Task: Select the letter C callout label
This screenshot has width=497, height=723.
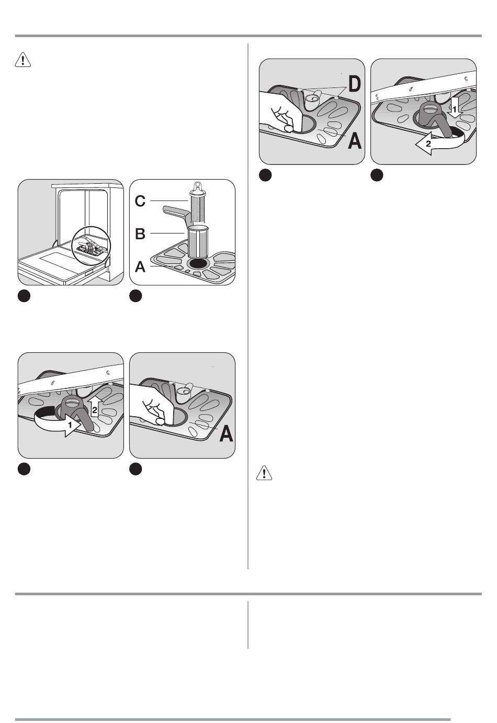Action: [x=140, y=201]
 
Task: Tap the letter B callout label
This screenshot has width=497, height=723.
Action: [x=140, y=233]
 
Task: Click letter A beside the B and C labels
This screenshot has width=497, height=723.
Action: [x=140, y=267]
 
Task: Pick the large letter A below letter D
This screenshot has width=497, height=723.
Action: [x=354, y=141]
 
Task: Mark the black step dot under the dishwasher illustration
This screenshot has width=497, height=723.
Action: [x=24, y=296]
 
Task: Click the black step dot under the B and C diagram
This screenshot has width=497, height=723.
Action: [x=135, y=296]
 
